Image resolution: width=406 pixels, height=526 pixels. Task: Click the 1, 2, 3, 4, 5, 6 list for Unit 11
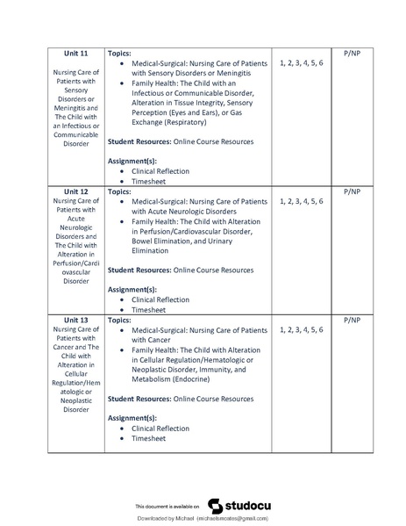click(301, 64)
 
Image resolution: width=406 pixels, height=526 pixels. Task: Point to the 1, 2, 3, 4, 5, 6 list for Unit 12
click(301, 202)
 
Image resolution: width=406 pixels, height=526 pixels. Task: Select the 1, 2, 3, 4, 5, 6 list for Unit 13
click(301, 331)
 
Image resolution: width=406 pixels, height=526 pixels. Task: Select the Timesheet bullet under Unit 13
click(148, 438)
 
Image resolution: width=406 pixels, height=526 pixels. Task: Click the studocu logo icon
click(214, 506)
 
